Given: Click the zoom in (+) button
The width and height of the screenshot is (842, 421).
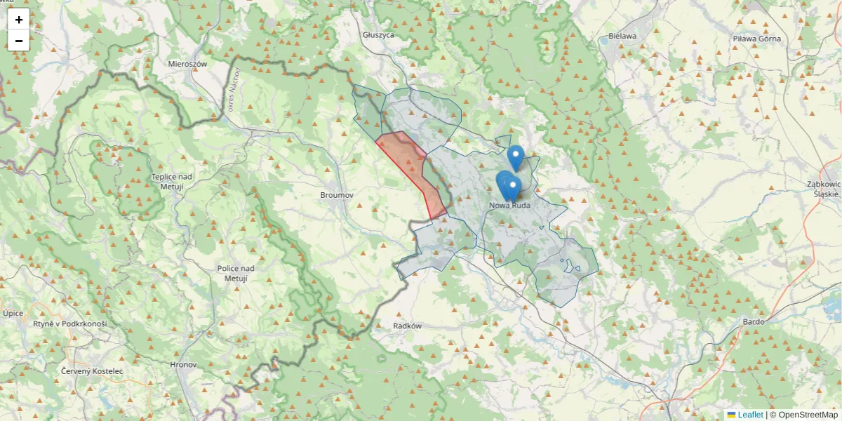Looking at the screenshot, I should coord(19,20).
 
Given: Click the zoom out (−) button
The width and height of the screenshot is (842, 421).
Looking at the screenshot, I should coord(19,41).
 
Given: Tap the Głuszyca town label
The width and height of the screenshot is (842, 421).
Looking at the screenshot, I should coord(379,34).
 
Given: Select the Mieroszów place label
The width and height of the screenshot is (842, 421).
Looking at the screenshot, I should coord(187,63).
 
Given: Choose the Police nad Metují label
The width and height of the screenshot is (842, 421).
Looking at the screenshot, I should coord(236,273).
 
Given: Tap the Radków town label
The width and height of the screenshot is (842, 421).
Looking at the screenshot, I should coord(407,326).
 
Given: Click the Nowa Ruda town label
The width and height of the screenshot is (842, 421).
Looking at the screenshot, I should coord(510,205).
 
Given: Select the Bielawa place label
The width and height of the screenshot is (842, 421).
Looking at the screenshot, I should coord(622,36).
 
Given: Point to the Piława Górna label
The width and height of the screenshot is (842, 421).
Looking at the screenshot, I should coord(756,39).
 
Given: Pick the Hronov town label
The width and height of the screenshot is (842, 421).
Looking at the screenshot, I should coord(184,365).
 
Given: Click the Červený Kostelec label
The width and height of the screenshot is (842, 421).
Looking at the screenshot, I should coord(92,370).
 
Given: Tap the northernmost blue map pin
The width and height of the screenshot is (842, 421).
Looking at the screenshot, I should coord(516,156).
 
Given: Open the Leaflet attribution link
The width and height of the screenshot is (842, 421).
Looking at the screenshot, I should coord(750,415).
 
